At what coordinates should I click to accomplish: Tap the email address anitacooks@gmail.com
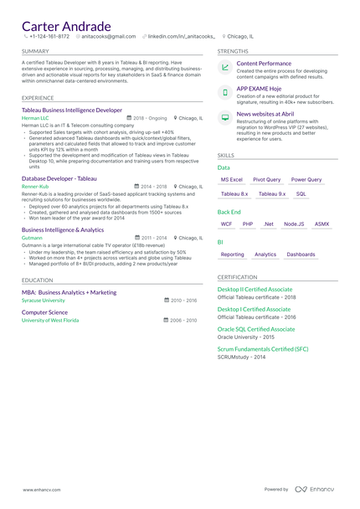(x=107, y=37)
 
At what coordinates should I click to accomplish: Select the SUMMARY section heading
(x=35, y=51)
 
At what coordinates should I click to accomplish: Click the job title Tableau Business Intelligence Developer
(x=72, y=110)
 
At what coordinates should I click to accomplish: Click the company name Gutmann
(x=32, y=238)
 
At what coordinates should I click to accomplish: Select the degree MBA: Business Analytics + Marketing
(x=69, y=292)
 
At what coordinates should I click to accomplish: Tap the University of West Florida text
(x=50, y=320)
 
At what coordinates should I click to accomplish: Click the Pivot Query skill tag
(x=266, y=179)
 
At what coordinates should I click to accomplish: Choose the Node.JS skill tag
(x=294, y=224)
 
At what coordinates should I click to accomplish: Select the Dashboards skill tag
(x=301, y=254)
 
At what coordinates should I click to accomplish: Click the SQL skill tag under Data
(x=301, y=193)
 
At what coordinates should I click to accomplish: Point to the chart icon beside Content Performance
(x=225, y=67)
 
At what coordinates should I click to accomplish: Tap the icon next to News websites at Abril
(x=225, y=118)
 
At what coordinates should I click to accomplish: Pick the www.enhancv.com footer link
(x=40, y=489)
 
